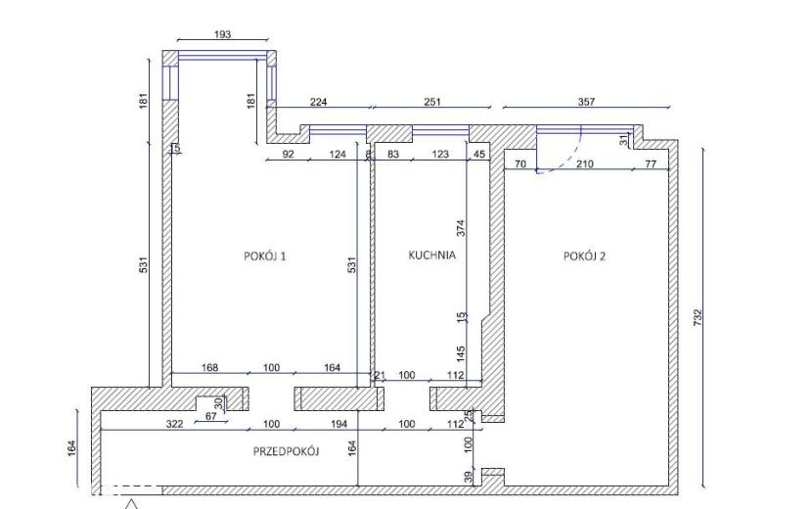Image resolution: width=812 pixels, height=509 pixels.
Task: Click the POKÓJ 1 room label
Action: point(264,256)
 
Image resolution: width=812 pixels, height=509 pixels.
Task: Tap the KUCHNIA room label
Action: point(431,255)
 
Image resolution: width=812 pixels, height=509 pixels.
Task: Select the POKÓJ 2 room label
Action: point(584,256)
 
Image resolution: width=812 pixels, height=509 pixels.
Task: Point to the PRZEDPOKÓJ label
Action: point(286,451)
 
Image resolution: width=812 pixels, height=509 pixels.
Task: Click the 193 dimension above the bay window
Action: point(222,34)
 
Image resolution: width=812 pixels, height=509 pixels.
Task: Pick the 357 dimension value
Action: point(586,102)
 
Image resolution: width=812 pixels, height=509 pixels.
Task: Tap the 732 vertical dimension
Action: point(697,318)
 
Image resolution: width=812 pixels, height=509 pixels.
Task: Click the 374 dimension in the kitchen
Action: point(461,228)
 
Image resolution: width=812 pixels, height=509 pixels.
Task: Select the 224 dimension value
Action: point(319,102)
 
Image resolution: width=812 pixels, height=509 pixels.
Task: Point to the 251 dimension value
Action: point(431,102)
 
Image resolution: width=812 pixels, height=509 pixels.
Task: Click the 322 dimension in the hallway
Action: point(174,424)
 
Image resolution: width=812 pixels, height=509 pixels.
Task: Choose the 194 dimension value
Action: point(338,424)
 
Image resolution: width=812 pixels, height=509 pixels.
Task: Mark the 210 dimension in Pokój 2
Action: point(585,164)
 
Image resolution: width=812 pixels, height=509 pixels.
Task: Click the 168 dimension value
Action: point(209,367)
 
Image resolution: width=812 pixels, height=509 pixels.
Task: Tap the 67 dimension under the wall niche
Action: point(210,416)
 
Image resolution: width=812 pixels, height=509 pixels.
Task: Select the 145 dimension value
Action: point(461,354)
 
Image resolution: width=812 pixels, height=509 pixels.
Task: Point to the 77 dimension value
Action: point(651,164)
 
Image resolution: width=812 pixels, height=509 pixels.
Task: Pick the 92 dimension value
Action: point(288,154)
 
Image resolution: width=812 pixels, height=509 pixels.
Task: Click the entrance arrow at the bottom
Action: point(132,504)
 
